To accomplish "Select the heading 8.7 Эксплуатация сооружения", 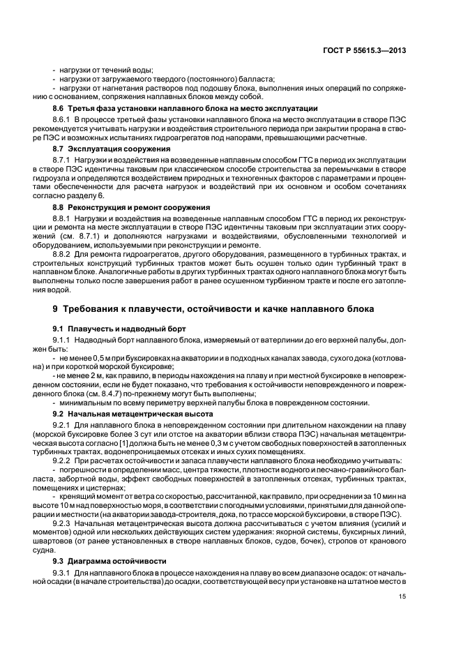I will [x=103, y=149].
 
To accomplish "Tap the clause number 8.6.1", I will [x=64, y=120].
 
